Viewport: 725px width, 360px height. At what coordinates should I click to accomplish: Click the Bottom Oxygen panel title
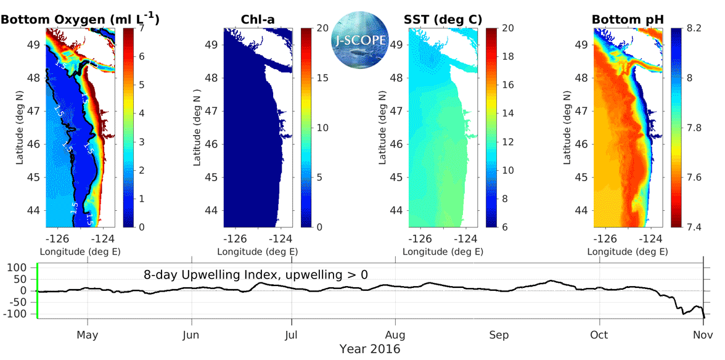80,19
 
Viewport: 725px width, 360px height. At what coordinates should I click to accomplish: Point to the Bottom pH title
628,20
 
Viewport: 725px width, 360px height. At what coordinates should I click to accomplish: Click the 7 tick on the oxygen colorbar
142,28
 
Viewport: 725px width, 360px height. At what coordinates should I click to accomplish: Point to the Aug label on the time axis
395,335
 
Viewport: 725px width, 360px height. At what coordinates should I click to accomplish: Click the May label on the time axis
88,335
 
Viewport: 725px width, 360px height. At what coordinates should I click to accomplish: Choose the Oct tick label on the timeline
599,335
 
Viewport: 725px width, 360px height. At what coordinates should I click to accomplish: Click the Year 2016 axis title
369,350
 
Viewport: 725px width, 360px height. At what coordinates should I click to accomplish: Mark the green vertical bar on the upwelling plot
38,290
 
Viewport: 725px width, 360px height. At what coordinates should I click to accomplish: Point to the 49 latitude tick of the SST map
397,44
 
